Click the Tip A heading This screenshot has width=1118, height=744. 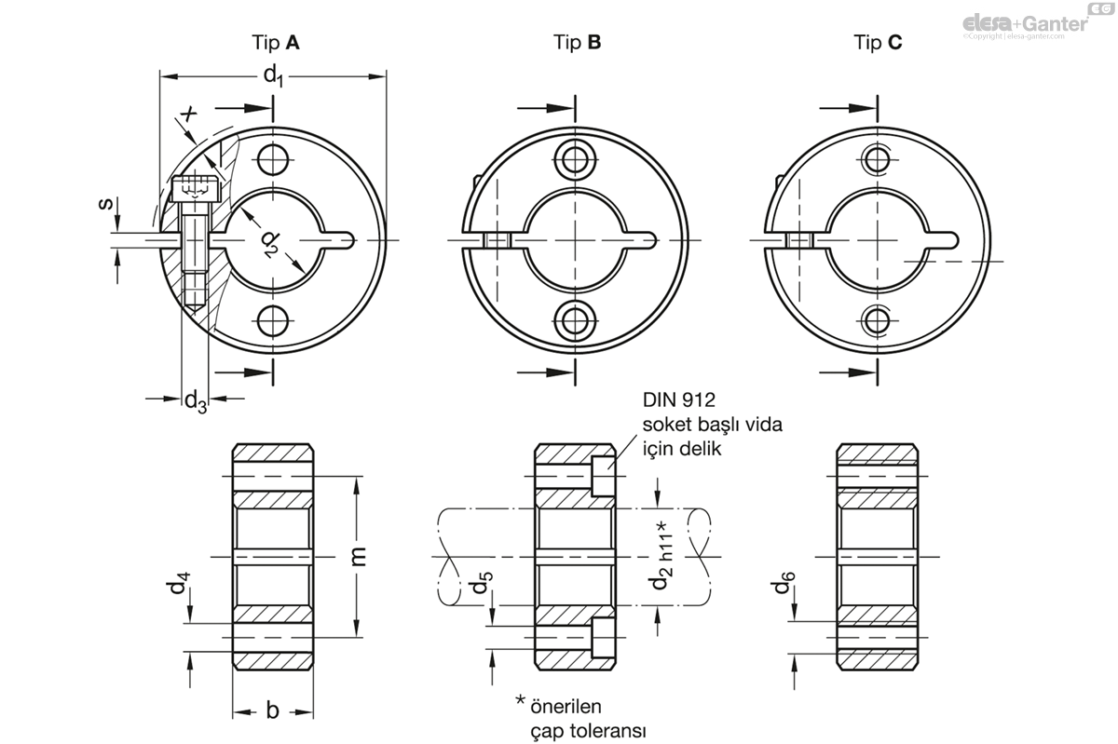tap(276, 42)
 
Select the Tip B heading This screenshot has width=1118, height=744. tap(577, 42)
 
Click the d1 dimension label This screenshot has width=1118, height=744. tap(273, 75)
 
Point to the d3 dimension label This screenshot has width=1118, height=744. tap(195, 401)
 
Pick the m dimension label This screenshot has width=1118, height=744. tap(360, 556)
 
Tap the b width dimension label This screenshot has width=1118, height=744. tap(272, 710)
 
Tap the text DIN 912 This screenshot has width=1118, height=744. tap(677, 401)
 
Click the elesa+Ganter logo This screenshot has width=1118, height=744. tap(1024, 21)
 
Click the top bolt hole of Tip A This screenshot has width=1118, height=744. tap(272, 160)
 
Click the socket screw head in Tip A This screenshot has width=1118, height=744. tap(194, 189)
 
